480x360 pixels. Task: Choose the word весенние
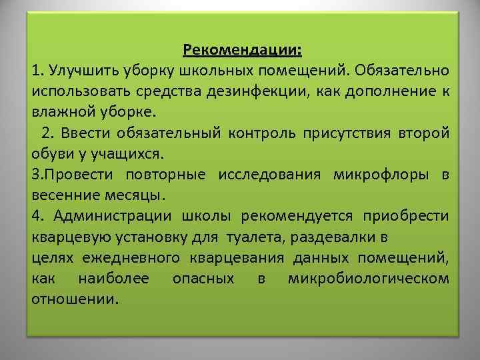[x=65, y=197]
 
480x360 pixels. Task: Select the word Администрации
[x=113, y=216]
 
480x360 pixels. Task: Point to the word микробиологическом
[x=369, y=278]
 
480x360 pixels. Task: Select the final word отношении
[x=74, y=298]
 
